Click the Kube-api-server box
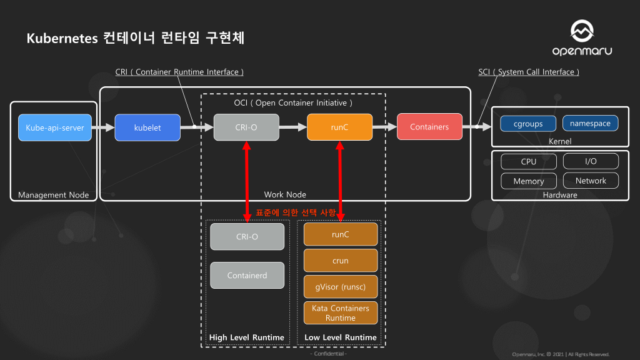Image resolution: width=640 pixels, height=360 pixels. [55, 127]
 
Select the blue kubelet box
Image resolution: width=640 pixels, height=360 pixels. [147, 127]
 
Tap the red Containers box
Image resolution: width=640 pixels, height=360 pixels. [429, 127]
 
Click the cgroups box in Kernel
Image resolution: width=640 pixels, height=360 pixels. [528, 123]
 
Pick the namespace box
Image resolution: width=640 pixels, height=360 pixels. [590, 123]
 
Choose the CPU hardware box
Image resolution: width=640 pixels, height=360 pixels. [528, 161]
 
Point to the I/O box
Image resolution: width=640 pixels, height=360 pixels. [590, 161]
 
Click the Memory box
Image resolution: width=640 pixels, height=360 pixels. [528, 181]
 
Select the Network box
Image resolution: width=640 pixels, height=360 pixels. [590, 181]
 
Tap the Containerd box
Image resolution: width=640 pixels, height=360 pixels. [247, 275]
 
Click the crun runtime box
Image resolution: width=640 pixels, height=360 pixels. [341, 261]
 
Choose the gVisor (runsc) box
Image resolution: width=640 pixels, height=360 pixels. [341, 287]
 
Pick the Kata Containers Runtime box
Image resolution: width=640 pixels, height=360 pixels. [341, 313]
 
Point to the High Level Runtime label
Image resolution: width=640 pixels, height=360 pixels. [246, 337]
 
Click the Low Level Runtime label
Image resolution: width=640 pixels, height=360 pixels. [341, 337]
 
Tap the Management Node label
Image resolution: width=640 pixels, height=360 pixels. [53, 195]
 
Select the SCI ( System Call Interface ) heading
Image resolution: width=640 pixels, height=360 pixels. [529, 72]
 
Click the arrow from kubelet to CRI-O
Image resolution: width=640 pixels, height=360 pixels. [197, 127]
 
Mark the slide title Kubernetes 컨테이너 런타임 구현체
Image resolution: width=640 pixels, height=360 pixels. [135, 38]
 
